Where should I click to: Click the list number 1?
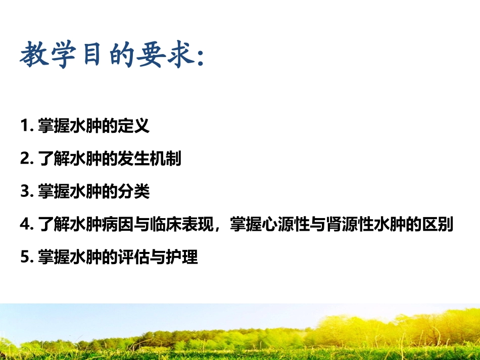25,126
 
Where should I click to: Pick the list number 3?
26,192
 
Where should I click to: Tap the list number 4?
26,225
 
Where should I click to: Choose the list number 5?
26,258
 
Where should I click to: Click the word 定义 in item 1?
136,126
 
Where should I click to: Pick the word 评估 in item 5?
136,257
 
